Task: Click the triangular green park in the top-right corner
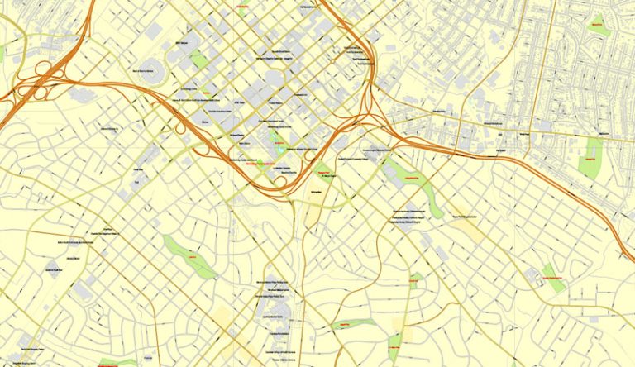click(598, 26)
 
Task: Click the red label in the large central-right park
click(414, 176)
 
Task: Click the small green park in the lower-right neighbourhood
click(555, 276)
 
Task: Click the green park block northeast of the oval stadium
click(198, 59)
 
